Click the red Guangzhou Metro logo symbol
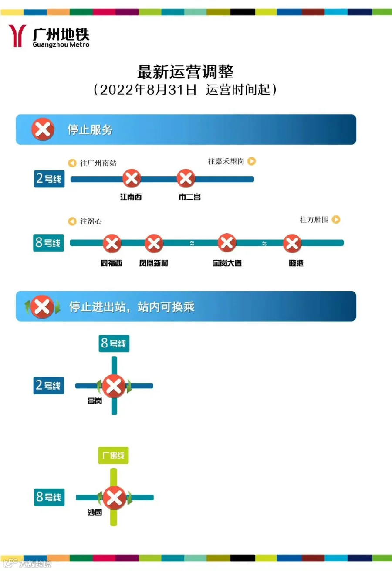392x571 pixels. [x=17, y=35]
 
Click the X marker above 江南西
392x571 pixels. [x=131, y=179]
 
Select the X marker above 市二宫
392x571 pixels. [x=186, y=179]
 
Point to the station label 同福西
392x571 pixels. [x=112, y=263]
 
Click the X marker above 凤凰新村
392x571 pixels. [x=154, y=243]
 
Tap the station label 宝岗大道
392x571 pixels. [x=227, y=263]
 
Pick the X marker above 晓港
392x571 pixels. [x=292, y=243]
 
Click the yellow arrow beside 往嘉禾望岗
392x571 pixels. [x=252, y=161]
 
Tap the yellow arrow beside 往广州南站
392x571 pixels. [x=72, y=163]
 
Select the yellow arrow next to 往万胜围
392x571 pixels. [x=336, y=220]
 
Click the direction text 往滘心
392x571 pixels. [x=91, y=221]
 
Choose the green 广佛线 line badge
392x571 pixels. [x=114, y=455]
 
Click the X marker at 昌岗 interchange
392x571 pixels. [x=114, y=386]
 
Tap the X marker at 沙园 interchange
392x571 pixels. [x=114, y=497]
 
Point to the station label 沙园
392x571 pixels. [x=95, y=513]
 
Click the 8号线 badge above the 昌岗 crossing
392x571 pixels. [x=114, y=343]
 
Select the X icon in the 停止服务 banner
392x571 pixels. [x=43, y=129]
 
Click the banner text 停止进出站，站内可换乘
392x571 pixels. [x=132, y=306]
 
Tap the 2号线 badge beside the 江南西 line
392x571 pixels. [x=49, y=179]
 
